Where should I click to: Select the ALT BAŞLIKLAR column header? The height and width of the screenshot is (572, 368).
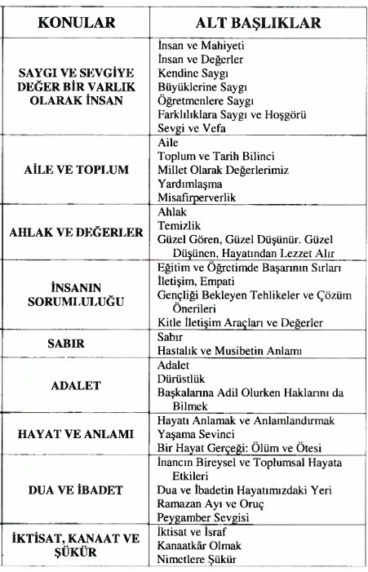point(259,22)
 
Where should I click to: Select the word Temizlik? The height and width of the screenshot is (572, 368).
point(180,225)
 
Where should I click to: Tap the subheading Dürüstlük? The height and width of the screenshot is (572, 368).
point(181,379)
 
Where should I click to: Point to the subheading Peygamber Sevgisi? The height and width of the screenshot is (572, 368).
point(203,517)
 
